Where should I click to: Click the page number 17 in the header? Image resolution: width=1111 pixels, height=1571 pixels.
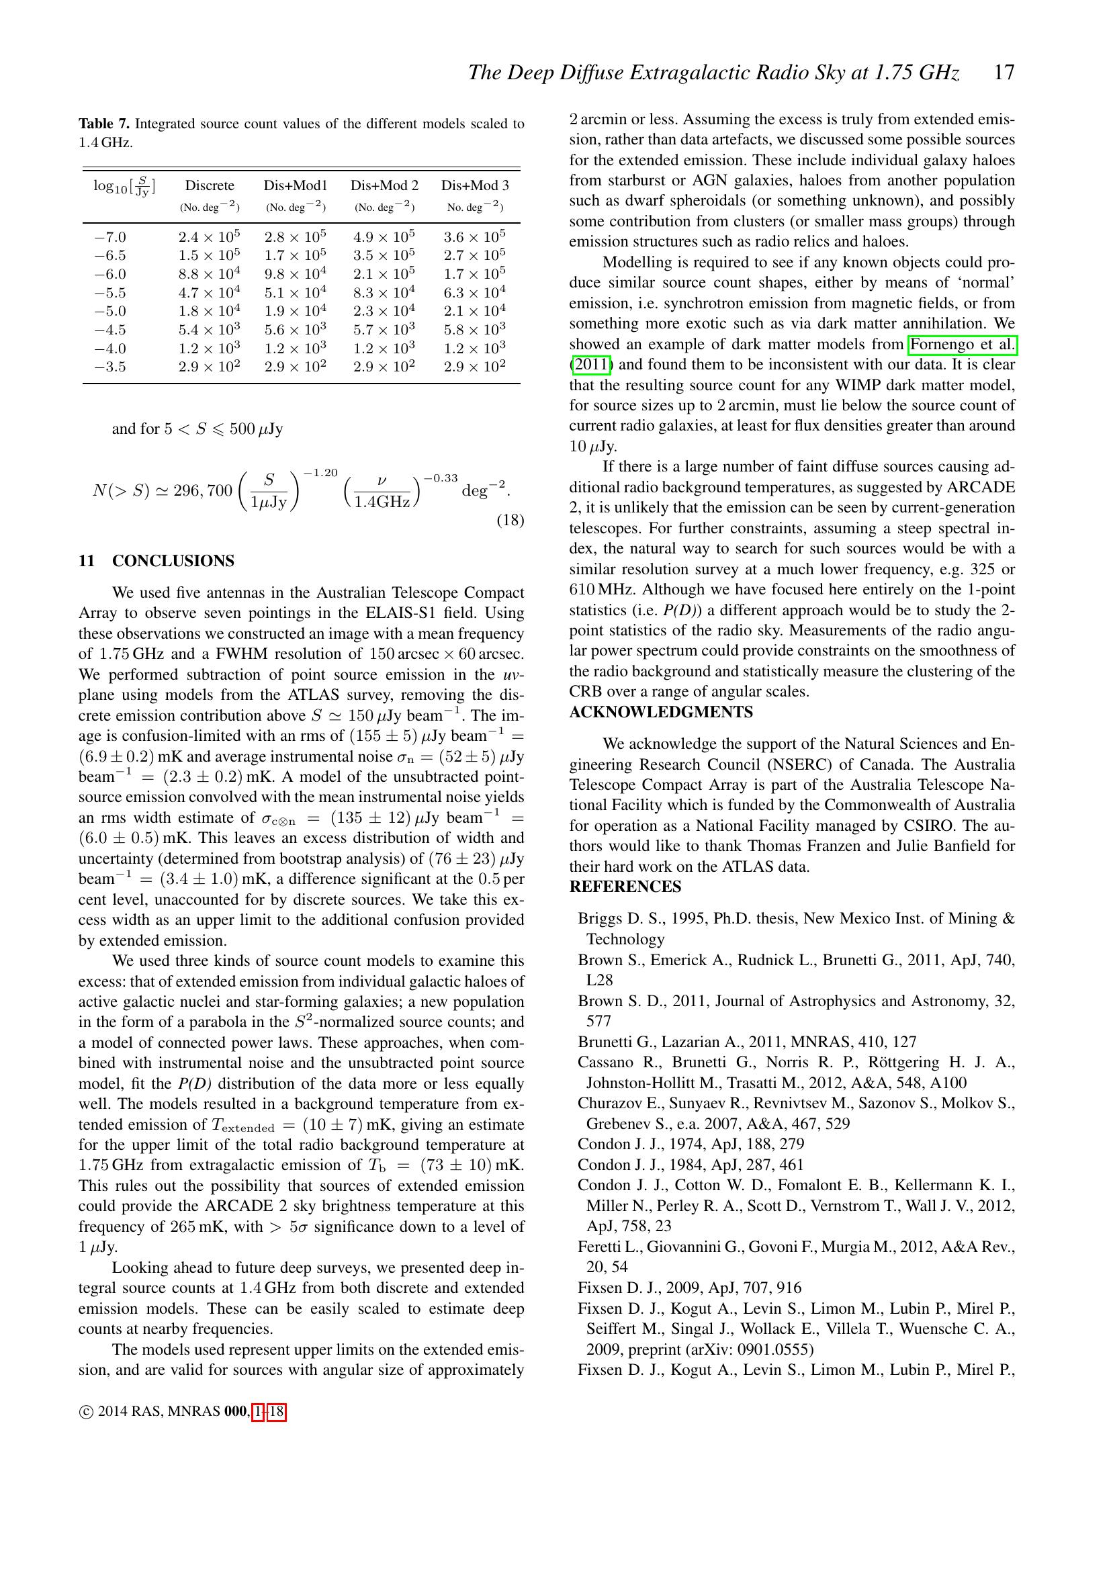pos(1004,73)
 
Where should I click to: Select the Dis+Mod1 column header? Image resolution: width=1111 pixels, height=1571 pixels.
pos(296,185)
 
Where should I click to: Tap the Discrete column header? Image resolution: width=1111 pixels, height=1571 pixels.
pos(210,185)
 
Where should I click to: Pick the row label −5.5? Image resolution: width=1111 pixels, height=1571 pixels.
pos(109,293)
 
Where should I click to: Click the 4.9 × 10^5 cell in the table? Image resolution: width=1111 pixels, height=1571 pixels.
pos(384,236)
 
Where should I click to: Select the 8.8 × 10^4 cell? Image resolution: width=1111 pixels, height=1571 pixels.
pos(209,275)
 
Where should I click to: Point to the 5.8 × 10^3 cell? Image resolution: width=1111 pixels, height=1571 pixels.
pos(474,330)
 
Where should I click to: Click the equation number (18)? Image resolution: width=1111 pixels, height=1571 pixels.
pos(510,521)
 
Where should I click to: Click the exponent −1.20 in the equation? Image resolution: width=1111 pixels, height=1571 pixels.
pos(321,473)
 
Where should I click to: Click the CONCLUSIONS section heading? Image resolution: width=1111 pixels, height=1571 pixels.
pos(173,561)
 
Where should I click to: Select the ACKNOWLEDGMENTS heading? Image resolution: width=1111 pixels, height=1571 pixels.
pos(661,712)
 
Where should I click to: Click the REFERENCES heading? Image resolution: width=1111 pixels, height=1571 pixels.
pos(625,887)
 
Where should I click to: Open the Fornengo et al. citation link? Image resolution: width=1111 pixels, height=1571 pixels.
pos(962,345)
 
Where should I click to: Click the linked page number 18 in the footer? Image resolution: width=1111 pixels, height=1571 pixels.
pos(276,1411)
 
